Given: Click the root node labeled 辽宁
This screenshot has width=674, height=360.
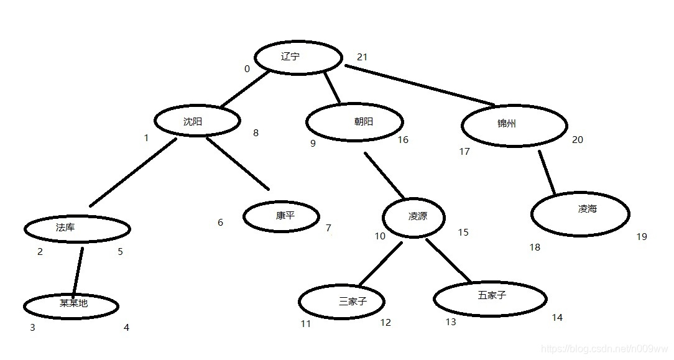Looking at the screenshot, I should click(x=298, y=57).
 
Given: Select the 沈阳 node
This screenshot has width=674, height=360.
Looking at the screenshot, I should click(x=197, y=122).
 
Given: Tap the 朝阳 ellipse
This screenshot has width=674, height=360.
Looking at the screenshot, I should click(x=354, y=122).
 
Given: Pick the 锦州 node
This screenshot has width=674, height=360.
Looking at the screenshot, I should click(x=514, y=125).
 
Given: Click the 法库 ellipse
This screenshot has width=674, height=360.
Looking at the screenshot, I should click(x=77, y=228).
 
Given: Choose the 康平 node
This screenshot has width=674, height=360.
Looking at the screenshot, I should click(x=281, y=217).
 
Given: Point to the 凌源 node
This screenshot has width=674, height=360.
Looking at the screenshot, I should click(x=413, y=218).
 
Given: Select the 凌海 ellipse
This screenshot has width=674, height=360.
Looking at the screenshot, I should click(x=576, y=213).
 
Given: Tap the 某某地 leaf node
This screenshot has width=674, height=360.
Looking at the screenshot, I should click(x=71, y=305).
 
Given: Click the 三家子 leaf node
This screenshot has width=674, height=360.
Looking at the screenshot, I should click(x=341, y=302).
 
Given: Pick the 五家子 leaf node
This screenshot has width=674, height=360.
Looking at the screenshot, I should click(x=490, y=298).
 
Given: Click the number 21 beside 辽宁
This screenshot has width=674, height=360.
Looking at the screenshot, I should click(x=362, y=57).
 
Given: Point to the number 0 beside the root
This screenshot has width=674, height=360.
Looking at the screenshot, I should click(x=247, y=69).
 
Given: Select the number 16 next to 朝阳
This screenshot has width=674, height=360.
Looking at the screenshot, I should click(x=403, y=140).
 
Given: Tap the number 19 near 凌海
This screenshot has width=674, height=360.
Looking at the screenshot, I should click(x=642, y=237).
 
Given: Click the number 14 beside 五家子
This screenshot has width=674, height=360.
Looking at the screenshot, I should click(x=557, y=318).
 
